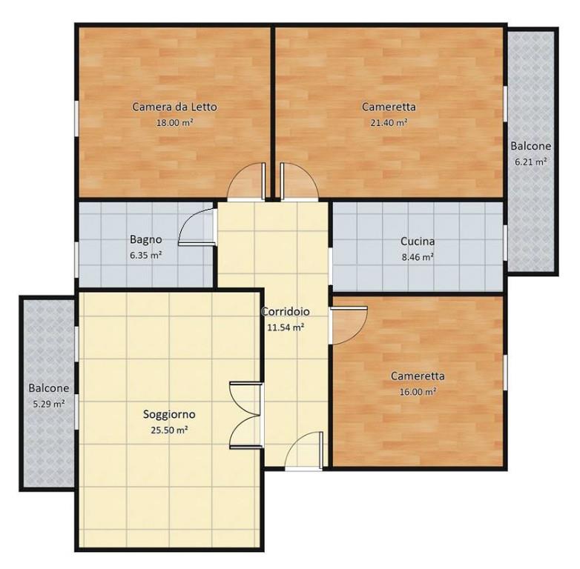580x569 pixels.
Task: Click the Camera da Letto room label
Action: [x=174, y=107]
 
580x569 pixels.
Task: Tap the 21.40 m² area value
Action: [x=389, y=122]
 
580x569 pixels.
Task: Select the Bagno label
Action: [x=145, y=240]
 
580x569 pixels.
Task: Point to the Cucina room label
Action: [x=418, y=242]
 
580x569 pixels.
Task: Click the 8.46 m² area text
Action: [x=418, y=257]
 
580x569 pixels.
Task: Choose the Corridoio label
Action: [x=286, y=311]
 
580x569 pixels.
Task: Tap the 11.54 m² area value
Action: [x=286, y=327]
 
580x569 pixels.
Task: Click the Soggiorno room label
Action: [x=169, y=415]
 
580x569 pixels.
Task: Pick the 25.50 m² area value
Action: [x=169, y=430]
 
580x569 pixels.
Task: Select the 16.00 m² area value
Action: [x=418, y=391]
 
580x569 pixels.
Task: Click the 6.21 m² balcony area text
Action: [x=531, y=162]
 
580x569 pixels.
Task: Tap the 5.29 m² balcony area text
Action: [x=49, y=404]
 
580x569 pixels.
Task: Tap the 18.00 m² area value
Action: [x=174, y=122]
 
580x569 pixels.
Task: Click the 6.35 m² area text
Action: [x=145, y=256]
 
